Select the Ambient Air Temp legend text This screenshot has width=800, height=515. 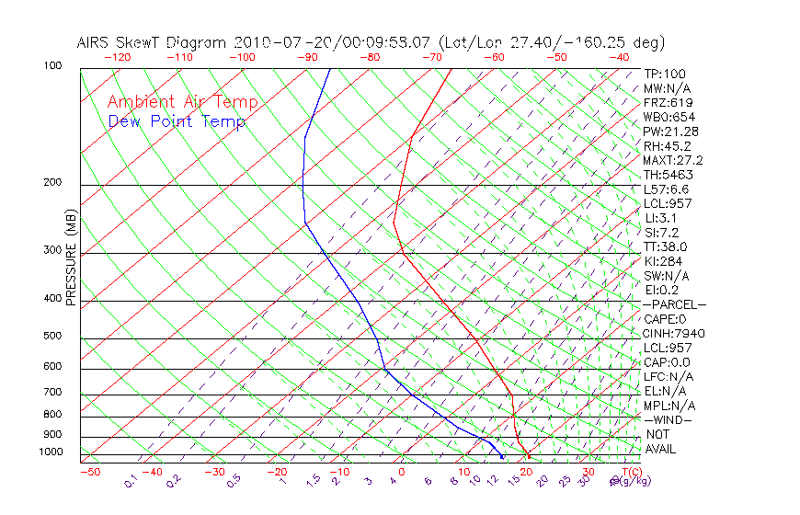pos(183,103)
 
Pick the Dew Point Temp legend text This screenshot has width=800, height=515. pos(177,122)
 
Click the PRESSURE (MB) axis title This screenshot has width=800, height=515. pos(71,263)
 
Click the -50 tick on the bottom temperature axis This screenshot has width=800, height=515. pos(89,473)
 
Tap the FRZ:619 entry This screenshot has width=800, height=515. pos(669,103)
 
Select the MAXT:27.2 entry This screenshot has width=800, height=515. pos(674,160)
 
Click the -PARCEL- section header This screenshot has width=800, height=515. pos(674,304)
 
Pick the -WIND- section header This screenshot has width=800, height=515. pos(669,419)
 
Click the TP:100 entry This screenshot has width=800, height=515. pos(665,74)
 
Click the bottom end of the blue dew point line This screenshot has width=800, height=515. pos(502,456)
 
